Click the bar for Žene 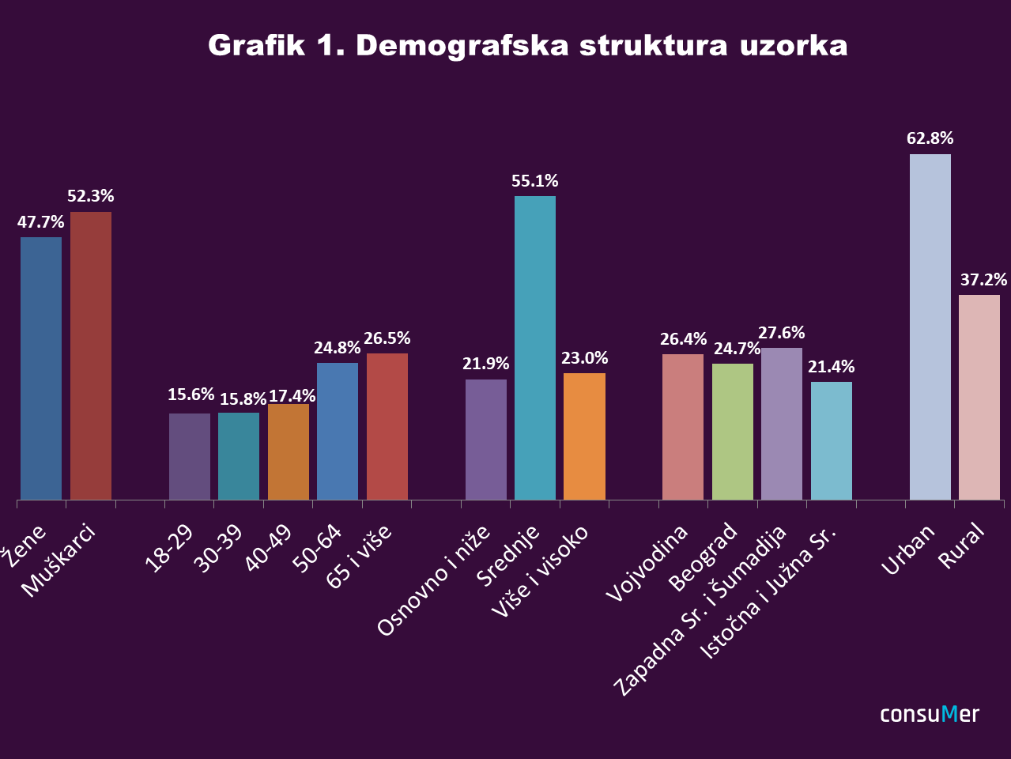pos(41,368)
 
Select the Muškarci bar pos(91,356)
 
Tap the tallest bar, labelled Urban pos(930,327)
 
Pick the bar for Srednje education pos(535,348)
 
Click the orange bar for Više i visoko pos(584,436)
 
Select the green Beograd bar pos(733,432)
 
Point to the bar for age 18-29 pos(190,456)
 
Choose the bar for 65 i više pos(387,426)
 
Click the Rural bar pos(979,397)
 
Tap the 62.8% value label pos(930,138)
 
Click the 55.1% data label pos(535,181)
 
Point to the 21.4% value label pos(832,367)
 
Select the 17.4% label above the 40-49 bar pos(292,395)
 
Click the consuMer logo pos(930,714)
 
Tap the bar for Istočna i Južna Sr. pos(832,440)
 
